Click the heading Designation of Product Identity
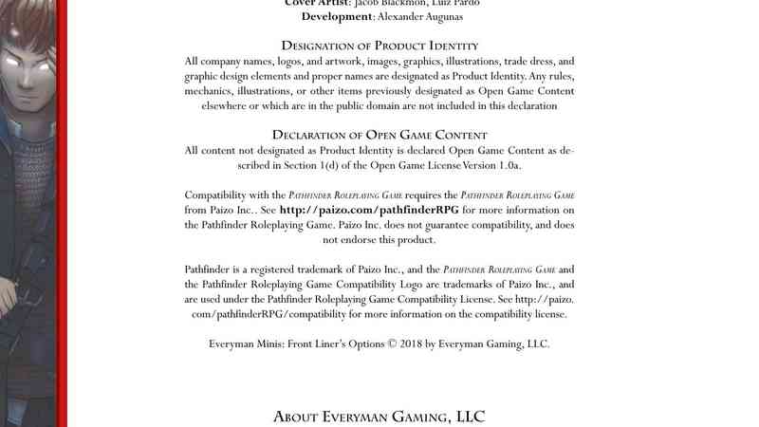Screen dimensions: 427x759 point(379,46)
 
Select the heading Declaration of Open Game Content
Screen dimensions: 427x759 point(379,135)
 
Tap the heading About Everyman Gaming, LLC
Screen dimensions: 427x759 point(379,416)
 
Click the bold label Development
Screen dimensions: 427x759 point(333,16)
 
